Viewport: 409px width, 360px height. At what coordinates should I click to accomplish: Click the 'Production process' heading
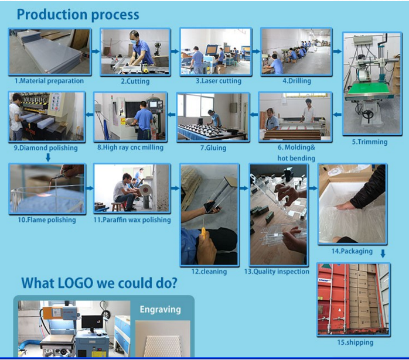click(78, 15)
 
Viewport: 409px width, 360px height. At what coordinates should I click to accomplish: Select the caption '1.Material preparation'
click(49, 81)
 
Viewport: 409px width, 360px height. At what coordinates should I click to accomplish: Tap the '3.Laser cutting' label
click(219, 81)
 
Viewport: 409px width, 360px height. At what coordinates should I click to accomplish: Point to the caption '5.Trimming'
click(370, 142)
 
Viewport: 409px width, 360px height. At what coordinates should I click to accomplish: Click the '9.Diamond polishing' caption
click(46, 148)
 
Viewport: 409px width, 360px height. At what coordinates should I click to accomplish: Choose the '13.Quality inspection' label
click(277, 272)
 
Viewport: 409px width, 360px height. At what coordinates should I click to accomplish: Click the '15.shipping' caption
click(355, 342)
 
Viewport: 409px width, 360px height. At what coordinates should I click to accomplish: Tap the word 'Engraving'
click(160, 310)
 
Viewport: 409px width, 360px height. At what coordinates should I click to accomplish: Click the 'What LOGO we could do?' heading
click(99, 283)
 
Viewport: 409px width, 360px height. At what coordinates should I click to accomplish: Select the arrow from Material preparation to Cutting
click(96, 52)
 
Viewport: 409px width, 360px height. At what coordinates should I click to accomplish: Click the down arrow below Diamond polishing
click(48, 157)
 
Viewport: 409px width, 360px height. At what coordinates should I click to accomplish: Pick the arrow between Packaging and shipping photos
click(383, 253)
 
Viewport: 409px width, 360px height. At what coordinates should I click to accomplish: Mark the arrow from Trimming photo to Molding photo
click(338, 114)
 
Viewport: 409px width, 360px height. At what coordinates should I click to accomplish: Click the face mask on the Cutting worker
click(134, 42)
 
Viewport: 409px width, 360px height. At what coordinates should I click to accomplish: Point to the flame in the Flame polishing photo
click(45, 194)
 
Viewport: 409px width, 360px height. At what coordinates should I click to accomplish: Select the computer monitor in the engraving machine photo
click(92, 322)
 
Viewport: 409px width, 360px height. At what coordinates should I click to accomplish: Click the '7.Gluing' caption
click(213, 148)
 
